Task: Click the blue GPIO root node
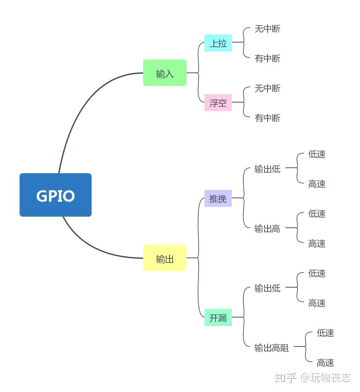click(55, 195)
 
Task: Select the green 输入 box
click(165, 73)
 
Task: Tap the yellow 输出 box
click(165, 258)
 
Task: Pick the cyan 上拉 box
click(218, 43)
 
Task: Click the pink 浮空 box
click(218, 103)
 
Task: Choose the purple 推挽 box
click(218, 198)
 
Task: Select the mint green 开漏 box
click(218, 318)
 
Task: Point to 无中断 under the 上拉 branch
click(268, 29)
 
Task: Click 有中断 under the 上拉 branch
click(268, 58)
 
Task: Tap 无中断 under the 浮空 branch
click(268, 89)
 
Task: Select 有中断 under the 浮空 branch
click(268, 118)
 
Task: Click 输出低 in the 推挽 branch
click(268, 169)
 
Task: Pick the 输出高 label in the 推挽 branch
click(268, 229)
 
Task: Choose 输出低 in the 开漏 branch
click(268, 288)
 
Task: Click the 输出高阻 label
click(272, 348)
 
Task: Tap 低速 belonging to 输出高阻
click(325, 333)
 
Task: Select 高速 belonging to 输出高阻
click(325, 363)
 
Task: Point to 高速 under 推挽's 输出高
click(317, 243)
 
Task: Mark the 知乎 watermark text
click(285, 378)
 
